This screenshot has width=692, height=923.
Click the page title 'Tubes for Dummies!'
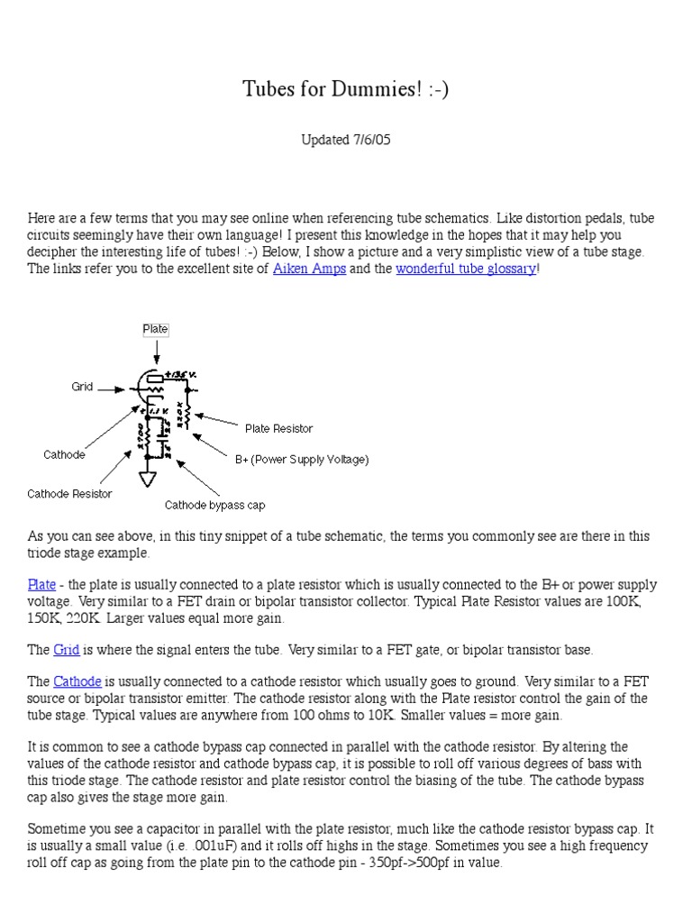click(345, 89)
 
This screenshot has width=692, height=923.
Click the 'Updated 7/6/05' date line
click(345, 140)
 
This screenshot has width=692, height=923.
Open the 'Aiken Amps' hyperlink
click(309, 269)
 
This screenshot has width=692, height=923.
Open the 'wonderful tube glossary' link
click(465, 269)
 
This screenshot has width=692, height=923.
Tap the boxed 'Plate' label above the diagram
click(156, 329)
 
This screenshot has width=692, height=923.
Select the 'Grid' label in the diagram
click(83, 387)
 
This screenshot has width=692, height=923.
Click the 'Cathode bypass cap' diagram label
click(214, 505)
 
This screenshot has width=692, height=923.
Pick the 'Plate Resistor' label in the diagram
click(278, 428)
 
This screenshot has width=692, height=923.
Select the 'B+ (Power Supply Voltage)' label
click(302, 459)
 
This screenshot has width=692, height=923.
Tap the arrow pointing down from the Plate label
click(156, 352)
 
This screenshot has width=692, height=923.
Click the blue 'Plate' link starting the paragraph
click(41, 585)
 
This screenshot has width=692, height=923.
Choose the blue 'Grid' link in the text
click(67, 649)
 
